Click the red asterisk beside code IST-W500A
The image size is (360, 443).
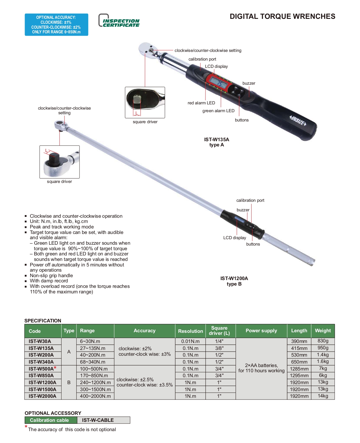[x=55, y=368]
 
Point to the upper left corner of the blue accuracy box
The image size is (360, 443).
[x=25, y=14]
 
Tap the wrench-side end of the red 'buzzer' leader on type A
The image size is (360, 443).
[x=249, y=97]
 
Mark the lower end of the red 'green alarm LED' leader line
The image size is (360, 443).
[x=221, y=107]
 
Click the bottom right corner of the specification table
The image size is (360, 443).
[x=334, y=399]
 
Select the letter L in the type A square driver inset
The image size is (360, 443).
[x=137, y=113]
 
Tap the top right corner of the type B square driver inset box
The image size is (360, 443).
[x=79, y=146]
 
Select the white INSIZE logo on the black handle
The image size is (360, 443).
[x=298, y=120]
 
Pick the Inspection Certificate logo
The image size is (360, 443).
[x=119, y=20]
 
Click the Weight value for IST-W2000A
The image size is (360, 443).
[x=323, y=396]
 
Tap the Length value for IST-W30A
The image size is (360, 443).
[x=299, y=341]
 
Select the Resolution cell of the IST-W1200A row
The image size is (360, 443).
[x=190, y=382]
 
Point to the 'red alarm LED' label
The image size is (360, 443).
[x=201, y=103]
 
